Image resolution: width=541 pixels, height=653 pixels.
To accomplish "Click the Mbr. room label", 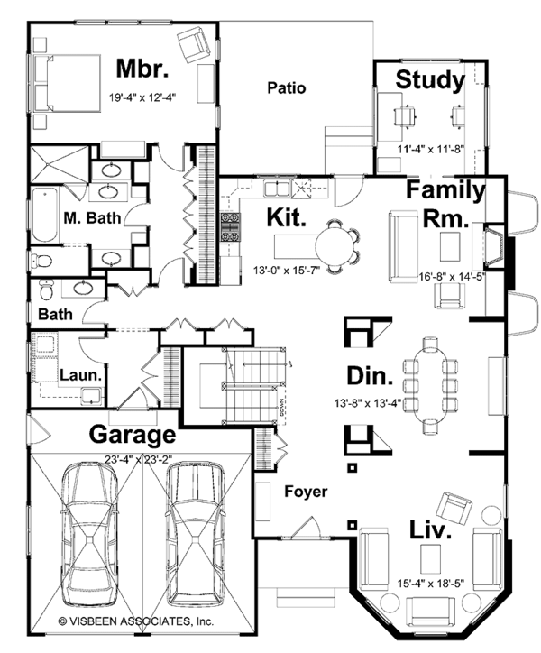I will (142, 69).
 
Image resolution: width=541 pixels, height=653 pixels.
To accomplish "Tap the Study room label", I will (430, 80).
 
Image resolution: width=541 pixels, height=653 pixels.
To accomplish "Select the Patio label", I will (287, 88).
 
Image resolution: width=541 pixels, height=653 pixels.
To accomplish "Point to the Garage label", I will (132, 436).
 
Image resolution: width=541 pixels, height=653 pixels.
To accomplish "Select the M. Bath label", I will (87, 217).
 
